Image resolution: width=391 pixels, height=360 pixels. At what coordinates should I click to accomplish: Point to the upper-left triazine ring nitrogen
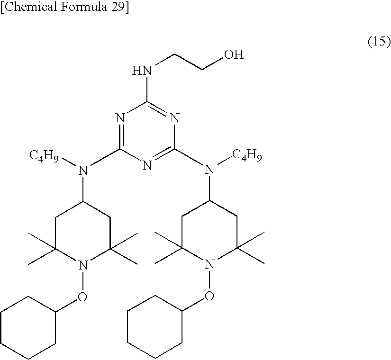120,117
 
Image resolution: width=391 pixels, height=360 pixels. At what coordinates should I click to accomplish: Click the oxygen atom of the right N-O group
209,297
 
